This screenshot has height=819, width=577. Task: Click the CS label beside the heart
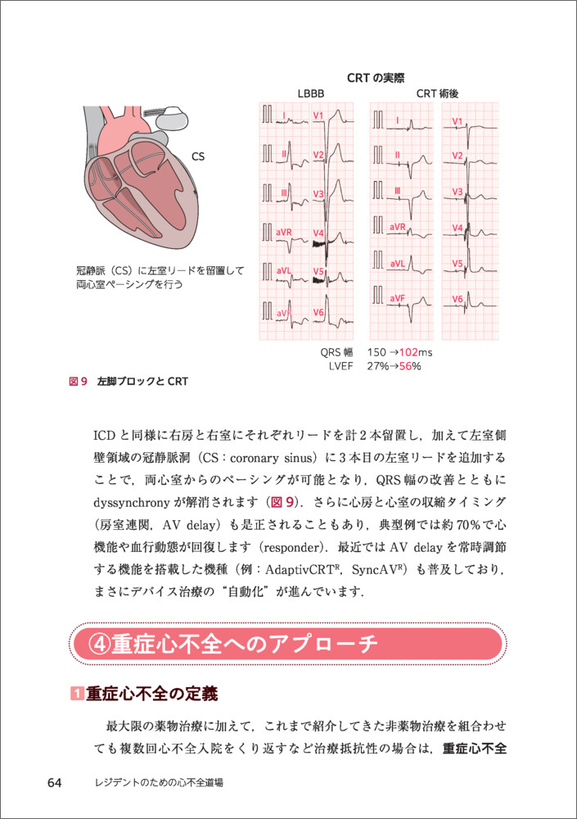coord(198,156)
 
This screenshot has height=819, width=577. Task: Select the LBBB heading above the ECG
coord(312,94)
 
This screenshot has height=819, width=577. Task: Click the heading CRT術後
coord(437,94)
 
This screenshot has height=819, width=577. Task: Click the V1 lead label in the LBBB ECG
coord(318,115)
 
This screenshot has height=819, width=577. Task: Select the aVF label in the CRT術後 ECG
coord(398,297)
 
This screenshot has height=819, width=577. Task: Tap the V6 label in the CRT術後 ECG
coord(458,300)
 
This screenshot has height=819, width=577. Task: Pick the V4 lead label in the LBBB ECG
coord(318,233)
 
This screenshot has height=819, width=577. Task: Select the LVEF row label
coord(339,366)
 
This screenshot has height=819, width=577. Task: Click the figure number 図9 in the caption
coord(79,382)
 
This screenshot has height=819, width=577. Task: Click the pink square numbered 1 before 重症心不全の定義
coord(78,695)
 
